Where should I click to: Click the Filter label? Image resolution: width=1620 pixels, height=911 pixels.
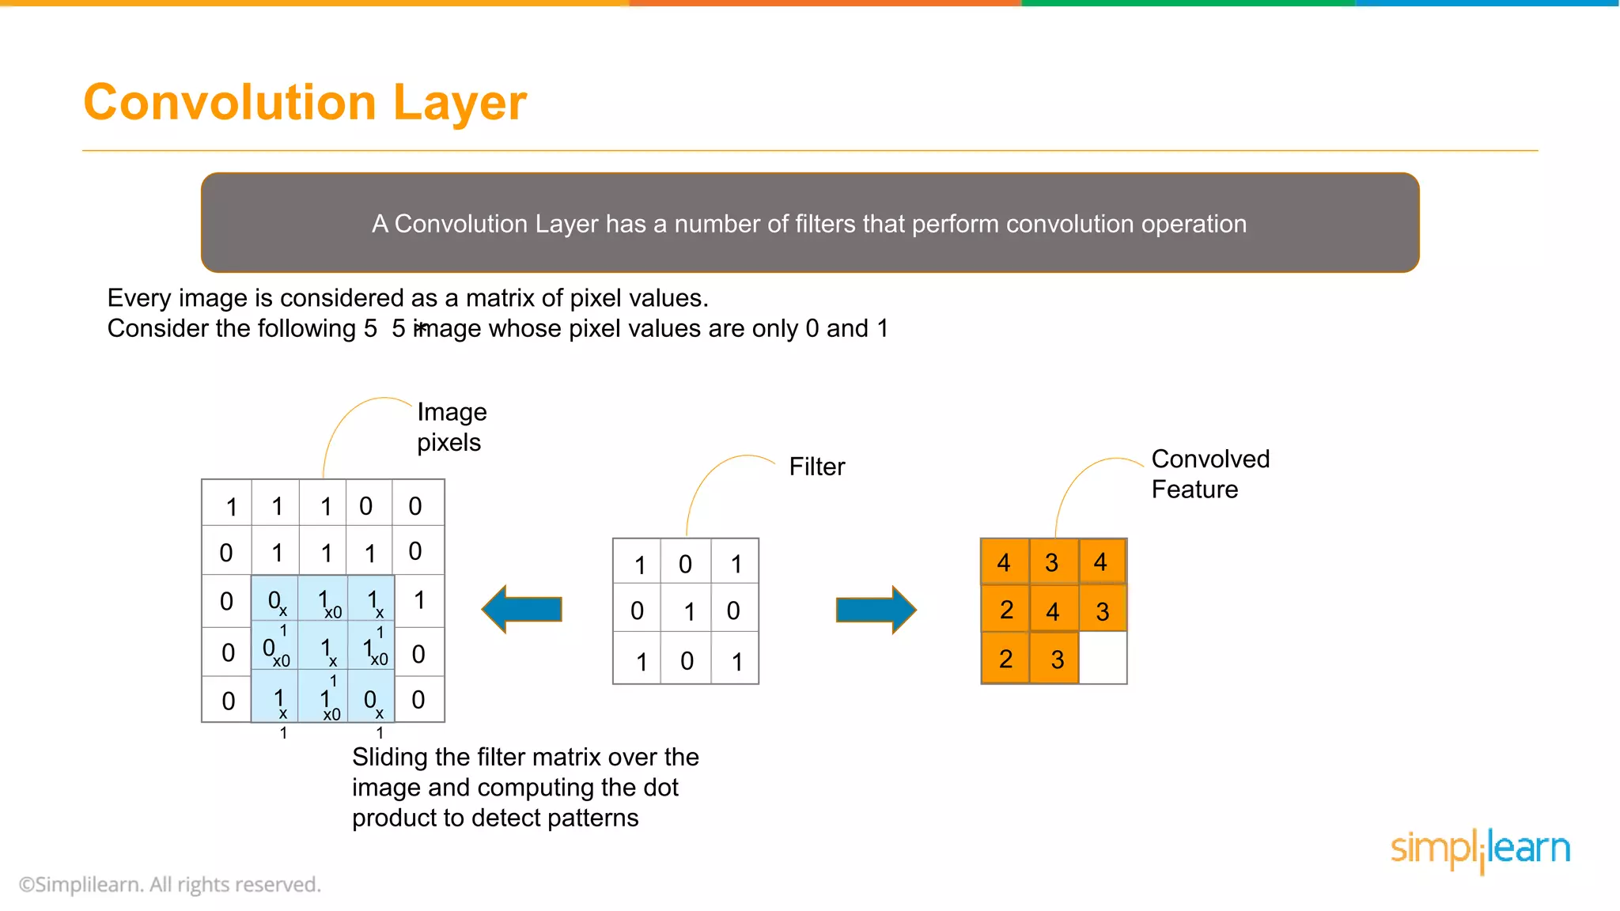point(816,467)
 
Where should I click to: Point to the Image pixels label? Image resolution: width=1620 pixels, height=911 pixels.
point(451,427)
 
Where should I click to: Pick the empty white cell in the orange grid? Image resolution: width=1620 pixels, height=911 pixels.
point(1103,658)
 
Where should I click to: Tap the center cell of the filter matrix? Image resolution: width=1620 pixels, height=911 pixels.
point(686,610)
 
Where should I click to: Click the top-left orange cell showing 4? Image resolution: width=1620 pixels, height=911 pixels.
point(1005,562)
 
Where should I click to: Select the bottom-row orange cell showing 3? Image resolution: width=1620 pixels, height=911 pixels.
point(1055,658)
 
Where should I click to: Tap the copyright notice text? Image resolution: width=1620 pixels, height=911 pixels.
point(170,884)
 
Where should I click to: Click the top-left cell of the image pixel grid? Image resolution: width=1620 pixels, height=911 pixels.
point(228,504)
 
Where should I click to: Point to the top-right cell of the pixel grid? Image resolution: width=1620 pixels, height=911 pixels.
point(418,504)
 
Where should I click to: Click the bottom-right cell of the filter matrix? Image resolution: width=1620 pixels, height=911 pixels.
point(736,660)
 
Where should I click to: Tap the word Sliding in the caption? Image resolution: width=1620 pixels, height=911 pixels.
point(389,758)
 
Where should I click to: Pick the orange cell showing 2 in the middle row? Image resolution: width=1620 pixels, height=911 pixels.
point(1005,610)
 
